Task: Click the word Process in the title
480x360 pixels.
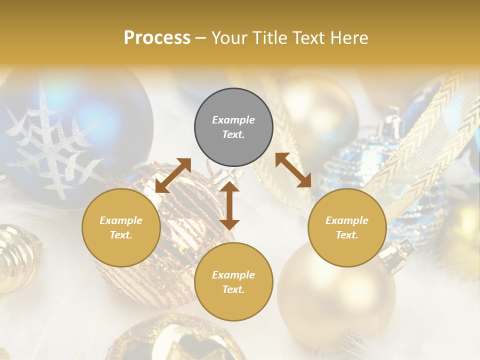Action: coord(157,38)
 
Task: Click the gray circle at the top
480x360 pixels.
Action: coord(233,127)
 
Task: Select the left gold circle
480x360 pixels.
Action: coord(121,227)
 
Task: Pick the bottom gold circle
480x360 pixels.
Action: coord(233,281)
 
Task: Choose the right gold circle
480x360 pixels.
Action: coord(347,227)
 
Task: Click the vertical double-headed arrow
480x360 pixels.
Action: coord(229,205)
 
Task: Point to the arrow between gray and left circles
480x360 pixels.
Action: coord(173,175)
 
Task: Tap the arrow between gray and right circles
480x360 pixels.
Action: coord(293,170)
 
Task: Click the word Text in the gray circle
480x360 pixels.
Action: coord(233,134)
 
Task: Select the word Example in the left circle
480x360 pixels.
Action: coord(121,220)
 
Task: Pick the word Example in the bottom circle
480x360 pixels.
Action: coord(233,274)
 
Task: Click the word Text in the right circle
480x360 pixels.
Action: coord(347,235)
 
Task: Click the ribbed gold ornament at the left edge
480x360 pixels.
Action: coord(17,257)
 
